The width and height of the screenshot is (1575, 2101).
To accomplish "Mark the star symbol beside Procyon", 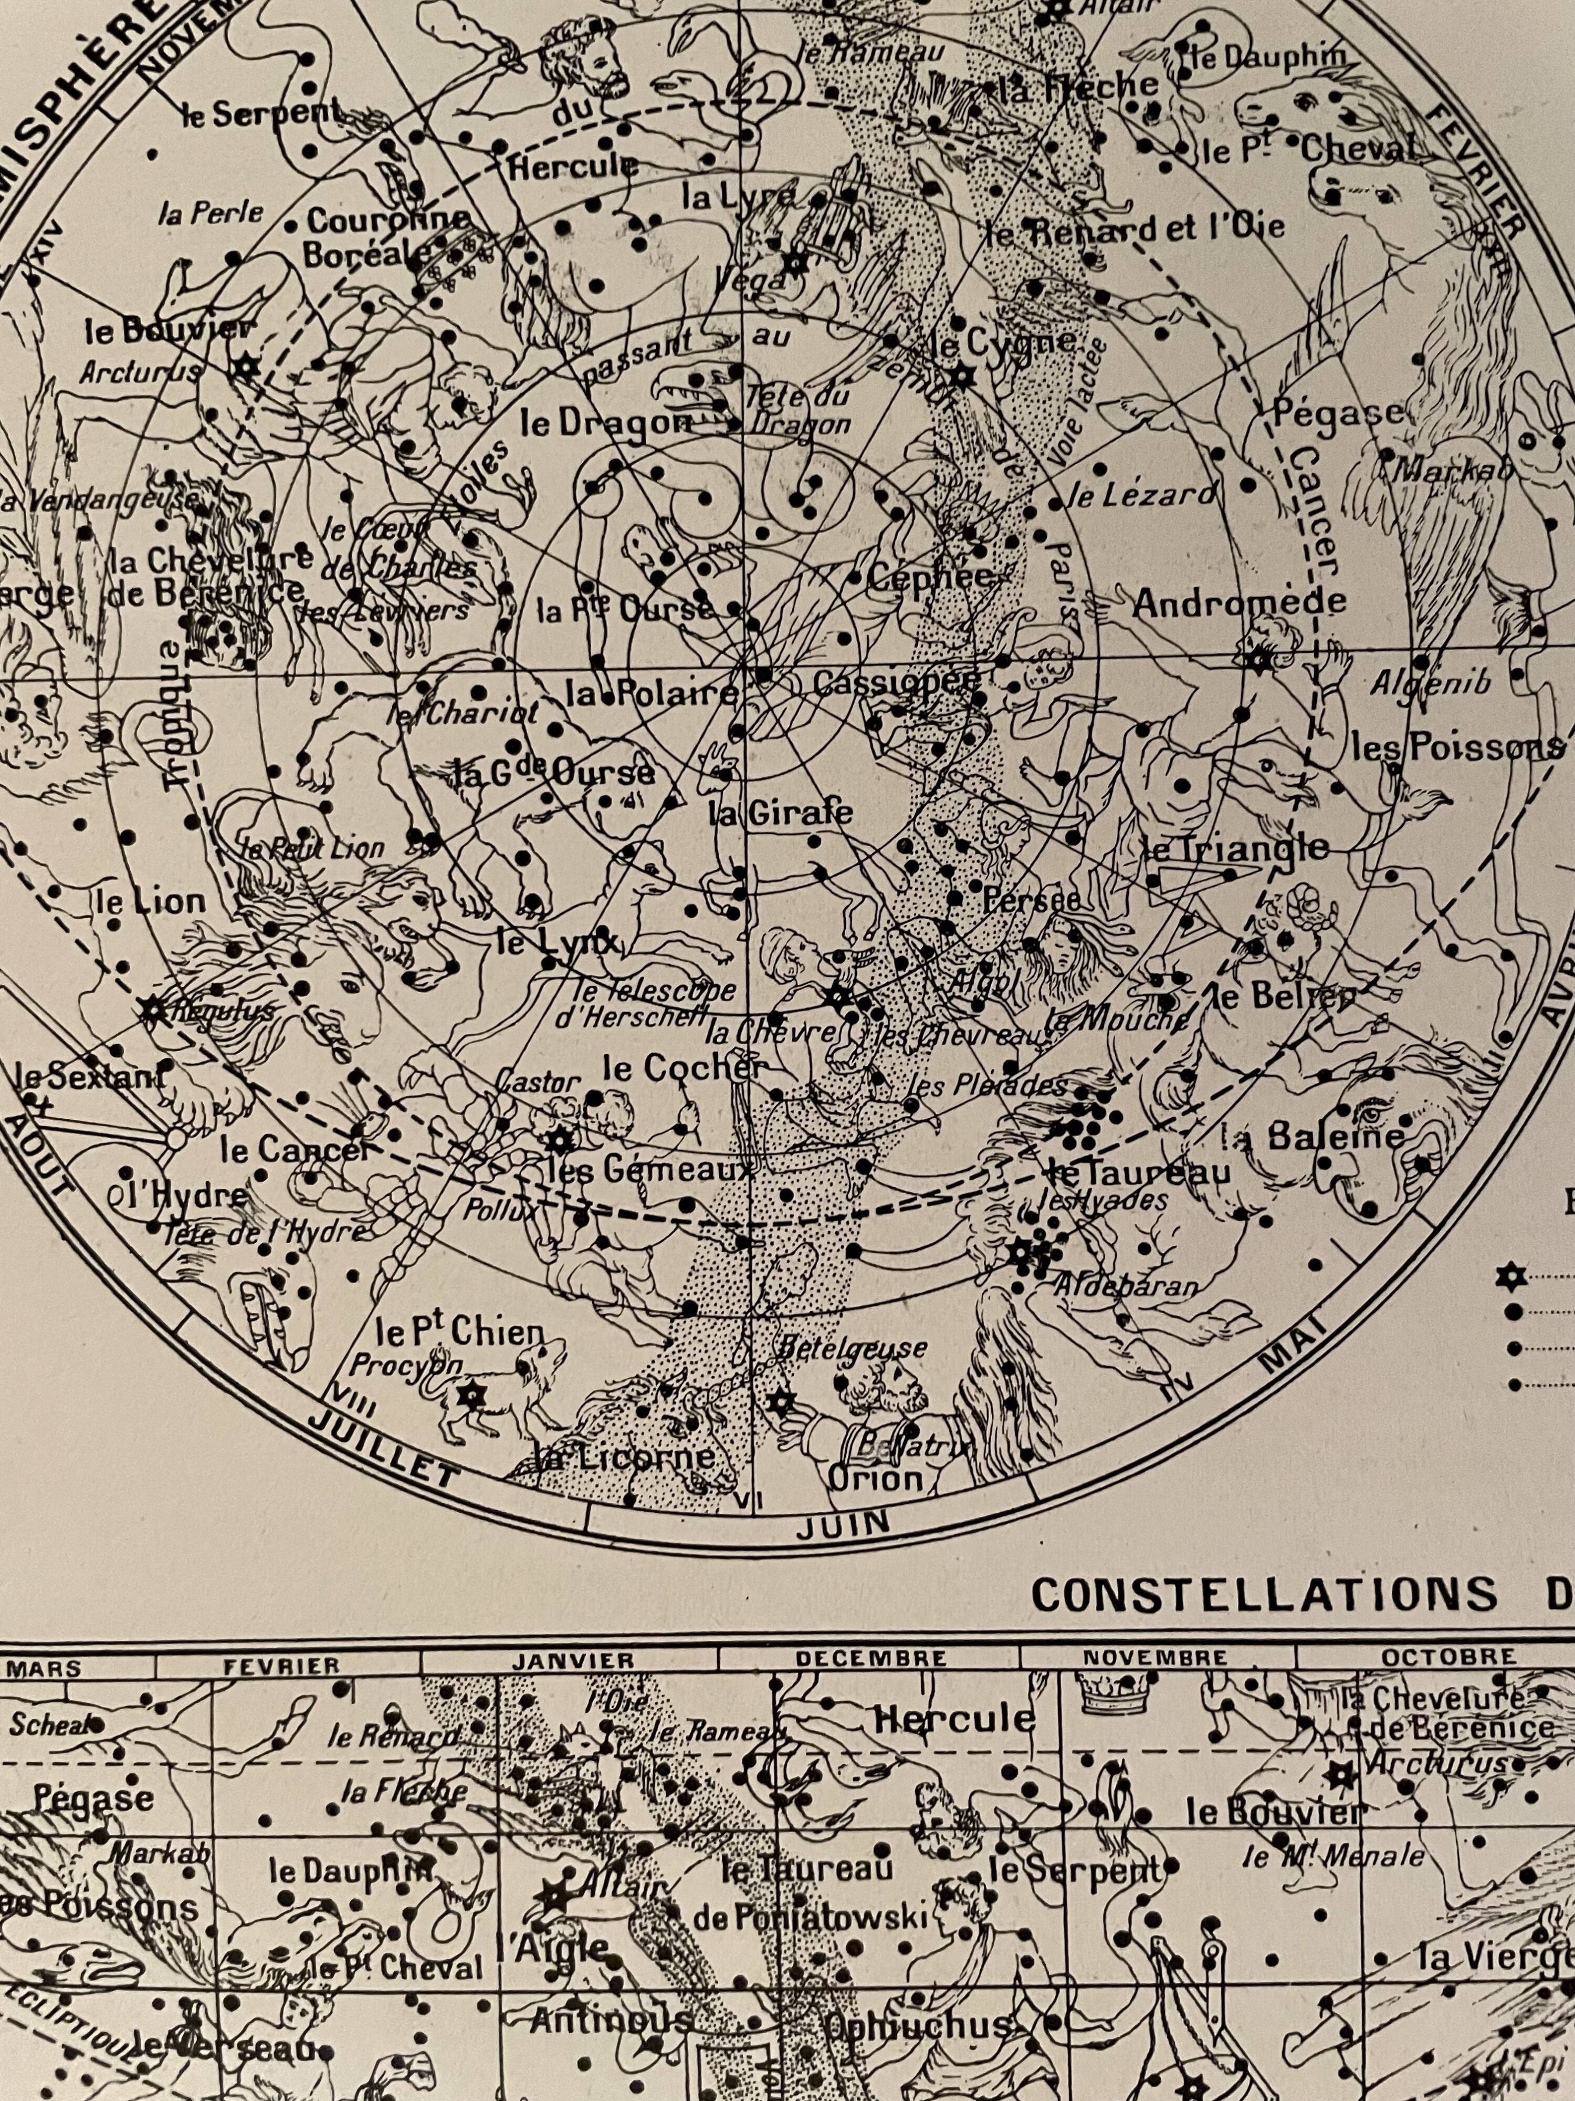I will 469,1395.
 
